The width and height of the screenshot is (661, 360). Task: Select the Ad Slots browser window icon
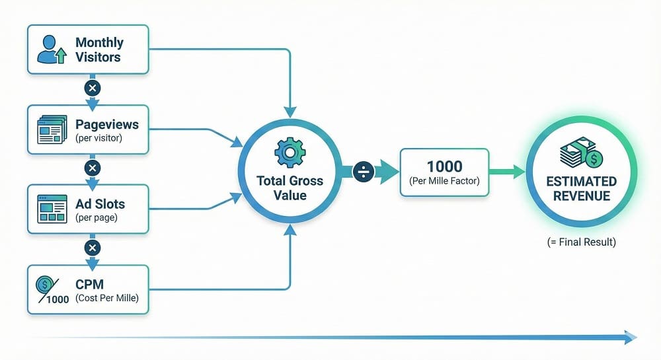(52, 209)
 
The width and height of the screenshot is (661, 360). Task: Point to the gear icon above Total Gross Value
(290, 153)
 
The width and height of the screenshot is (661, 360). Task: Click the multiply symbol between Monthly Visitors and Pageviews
(93, 88)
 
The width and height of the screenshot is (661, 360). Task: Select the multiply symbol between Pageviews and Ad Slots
(93, 168)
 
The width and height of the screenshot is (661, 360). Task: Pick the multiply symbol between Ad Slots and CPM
(93, 248)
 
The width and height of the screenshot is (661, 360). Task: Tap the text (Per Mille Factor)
(444, 180)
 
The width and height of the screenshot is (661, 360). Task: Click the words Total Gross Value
(290, 188)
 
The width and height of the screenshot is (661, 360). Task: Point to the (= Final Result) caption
(581, 242)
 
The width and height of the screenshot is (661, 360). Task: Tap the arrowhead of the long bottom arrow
(629, 338)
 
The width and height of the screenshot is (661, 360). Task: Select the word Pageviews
(106, 124)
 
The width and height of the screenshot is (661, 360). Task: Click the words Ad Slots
(100, 203)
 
